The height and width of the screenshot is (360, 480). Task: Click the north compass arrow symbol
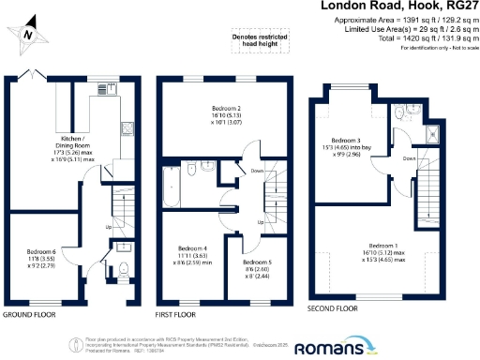coord(29,32)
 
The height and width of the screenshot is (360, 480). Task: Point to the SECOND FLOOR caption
coord(334,308)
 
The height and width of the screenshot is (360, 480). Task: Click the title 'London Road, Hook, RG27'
coord(398,7)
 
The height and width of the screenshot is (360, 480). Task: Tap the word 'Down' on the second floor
coord(409,158)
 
